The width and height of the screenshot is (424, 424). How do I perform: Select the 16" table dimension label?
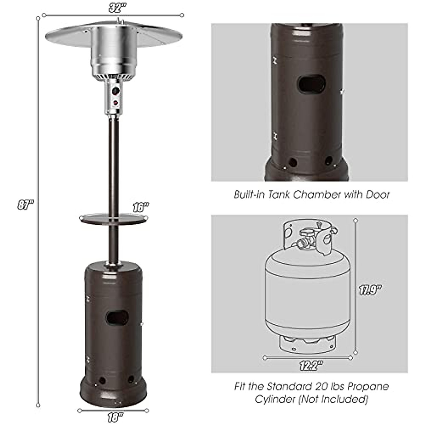(140, 207)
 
